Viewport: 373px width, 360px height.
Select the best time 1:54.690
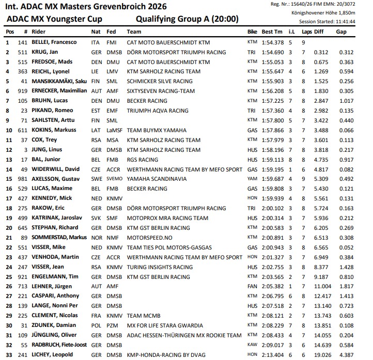(x=272, y=52)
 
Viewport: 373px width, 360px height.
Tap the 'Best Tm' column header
(x=272, y=32)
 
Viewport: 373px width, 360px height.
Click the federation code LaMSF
(x=115, y=130)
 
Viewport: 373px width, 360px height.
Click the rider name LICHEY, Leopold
(x=53, y=354)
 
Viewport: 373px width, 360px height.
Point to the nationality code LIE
(x=95, y=72)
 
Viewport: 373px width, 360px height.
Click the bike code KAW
(x=252, y=345)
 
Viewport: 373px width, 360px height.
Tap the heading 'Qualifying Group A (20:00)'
(x=186, y=19)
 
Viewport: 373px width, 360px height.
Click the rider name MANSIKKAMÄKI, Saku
(x=59, y=81)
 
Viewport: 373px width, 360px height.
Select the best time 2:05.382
(x=272, y=286)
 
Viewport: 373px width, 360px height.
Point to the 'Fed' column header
(x=111, y=32)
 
